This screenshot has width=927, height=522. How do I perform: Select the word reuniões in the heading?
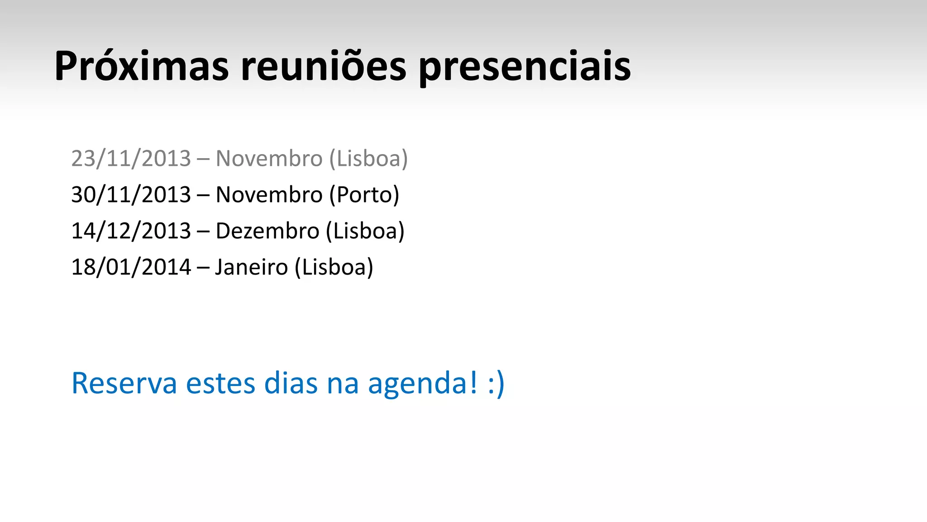click(x=323, y=67)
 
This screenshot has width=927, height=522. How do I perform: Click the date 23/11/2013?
click(x=131, y=159)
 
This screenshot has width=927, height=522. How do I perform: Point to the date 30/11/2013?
click(x=131, y=195)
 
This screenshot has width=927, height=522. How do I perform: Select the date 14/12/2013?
click(x=131, y=231)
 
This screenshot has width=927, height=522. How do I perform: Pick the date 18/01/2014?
click(x=131, y=267)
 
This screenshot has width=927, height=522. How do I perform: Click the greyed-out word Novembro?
click(x=269, y=159)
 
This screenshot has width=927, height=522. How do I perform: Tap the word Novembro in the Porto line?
click(x=269, y=195)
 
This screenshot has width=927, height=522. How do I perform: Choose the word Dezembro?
click(x=268, y=231)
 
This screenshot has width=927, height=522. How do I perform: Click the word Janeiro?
click(x=252, y=267)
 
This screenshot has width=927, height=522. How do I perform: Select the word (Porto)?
click(x=364, y=195)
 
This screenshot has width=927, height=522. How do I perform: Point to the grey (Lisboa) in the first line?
click(x=369, y=159)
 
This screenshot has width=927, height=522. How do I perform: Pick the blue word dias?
click(x=291, y=383)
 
